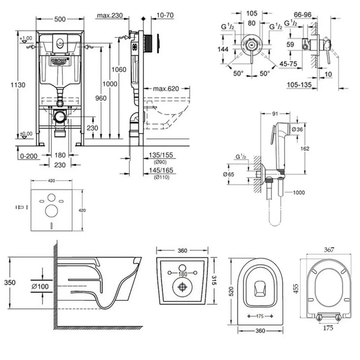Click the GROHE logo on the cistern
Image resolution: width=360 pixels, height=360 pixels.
(x=60, y=60)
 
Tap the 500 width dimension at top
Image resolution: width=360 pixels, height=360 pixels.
(x=60, y=15)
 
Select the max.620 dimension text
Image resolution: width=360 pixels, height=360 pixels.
(x=166, y=89)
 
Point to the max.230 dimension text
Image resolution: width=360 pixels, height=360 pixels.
(x=110, y=15)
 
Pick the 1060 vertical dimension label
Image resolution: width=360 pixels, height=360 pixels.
(x=119, y=69)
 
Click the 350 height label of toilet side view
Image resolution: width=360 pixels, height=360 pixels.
(x=10, y=283)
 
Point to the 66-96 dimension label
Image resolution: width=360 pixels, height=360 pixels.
(x=303, y=15)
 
